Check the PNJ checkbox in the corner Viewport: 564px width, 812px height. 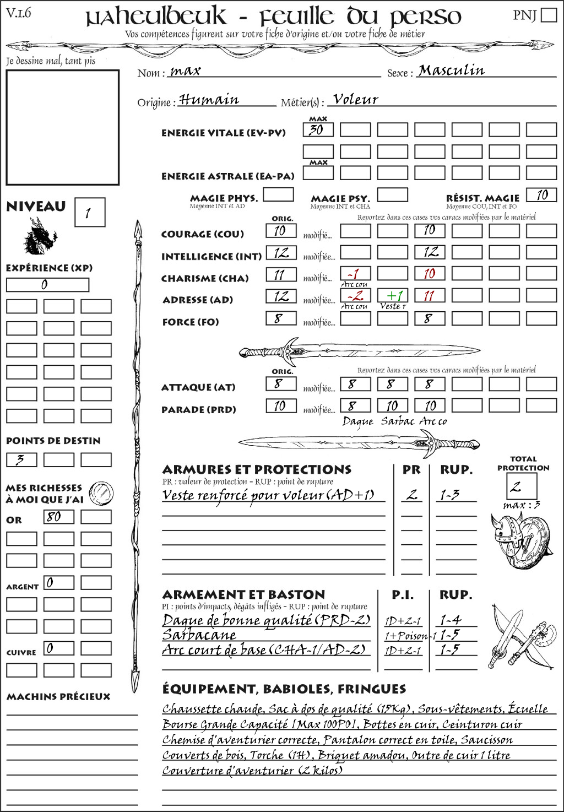[x=549, y=15]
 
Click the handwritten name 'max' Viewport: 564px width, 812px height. [x=186, y=71]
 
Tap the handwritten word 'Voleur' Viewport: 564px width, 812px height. [x=356, y=100]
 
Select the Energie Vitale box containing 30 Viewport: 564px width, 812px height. [x=318, y=130]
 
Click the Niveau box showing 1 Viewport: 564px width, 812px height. [x=89, y=213]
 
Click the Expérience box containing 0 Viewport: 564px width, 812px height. [x=47, y=285]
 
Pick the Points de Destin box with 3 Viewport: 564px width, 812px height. [x=21, y=459]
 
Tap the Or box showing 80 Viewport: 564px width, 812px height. [x=58, y=517]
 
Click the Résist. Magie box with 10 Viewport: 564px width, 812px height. [x=541, y=195]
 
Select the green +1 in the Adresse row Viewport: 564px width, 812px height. [x=392, y=296]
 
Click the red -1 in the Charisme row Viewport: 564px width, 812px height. [x=355, y=274]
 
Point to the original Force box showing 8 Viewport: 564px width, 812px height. [x=281, y=318]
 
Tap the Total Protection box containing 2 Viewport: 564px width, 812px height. [x=522, y=486]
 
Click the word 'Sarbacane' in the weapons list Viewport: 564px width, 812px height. [x=199, y=635]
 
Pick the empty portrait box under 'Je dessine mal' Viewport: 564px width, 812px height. [x=62, y=127]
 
